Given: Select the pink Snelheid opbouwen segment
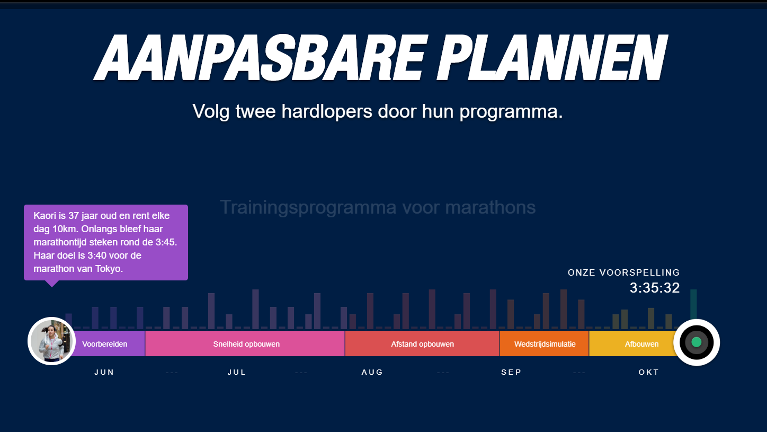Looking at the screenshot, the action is (x=245, y=343).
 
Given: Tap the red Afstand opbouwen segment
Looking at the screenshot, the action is (x=422, y=343).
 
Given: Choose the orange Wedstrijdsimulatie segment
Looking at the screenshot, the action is (x=545, y=343).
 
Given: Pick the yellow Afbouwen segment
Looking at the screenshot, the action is (x=634, y=343).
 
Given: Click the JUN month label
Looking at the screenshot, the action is (x=104, y=373).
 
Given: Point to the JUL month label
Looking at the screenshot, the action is (x=237, y=373).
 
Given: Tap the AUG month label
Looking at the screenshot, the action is (x=372, y=373).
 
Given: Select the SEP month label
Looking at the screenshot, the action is (x=512, y=373).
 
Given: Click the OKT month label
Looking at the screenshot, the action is (x=649, y=373).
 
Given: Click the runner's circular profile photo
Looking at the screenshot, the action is (x=52, y=341).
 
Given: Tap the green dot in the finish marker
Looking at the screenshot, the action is (x=697, y=342).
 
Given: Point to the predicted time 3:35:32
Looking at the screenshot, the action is (x=655, y=288).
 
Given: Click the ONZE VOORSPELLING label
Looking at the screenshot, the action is (x=623, y=272).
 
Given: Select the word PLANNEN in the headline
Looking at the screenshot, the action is (x=551, y=57).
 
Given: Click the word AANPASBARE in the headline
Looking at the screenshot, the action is (x=260, y=57).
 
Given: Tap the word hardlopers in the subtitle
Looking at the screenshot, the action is (x=327, y=111).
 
